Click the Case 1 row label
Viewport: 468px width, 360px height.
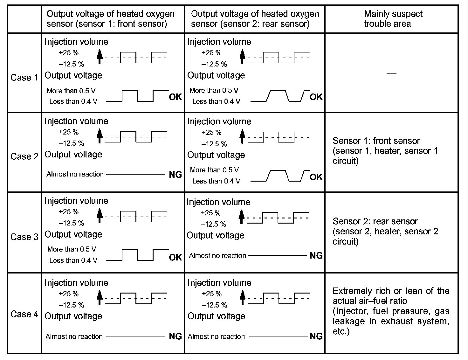click(24, 78)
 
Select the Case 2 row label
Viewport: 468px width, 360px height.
click(24, 156)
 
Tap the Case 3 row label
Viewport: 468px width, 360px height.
click(24, 237)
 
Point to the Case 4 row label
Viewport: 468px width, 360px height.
click(24, 314)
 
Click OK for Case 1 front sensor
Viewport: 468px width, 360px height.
click(175, 97)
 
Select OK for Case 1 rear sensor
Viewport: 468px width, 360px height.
click(316, 97)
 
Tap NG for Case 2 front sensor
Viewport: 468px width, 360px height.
click(175, 175)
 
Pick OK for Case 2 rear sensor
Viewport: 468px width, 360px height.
click(316, 177)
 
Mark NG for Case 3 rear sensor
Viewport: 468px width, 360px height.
click(316, 256)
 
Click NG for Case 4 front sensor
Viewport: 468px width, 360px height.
click(175, 336)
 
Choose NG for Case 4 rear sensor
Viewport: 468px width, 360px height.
click(316, 336)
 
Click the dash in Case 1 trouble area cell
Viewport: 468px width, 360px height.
click(392, 74)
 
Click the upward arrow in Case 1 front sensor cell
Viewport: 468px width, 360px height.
click(100, 57)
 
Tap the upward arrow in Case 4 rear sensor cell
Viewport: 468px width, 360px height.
click(243, 298)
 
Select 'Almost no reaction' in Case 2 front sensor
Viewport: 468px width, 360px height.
click(75, 174)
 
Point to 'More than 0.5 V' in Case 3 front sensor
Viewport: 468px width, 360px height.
click(72, 249)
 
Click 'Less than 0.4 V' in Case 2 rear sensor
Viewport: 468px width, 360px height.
click(216, 181)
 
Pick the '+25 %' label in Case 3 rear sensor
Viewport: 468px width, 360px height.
click(211, 213)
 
